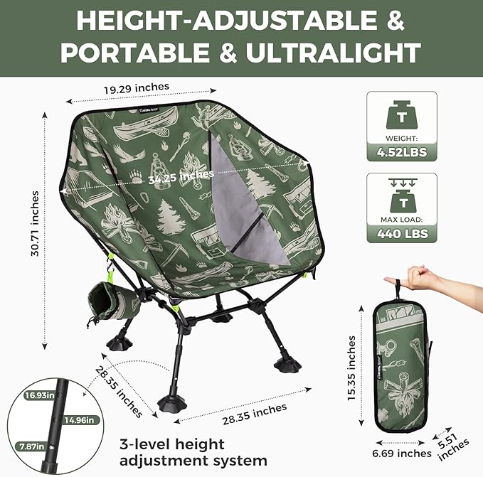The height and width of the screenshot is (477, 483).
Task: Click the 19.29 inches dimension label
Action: coord(136,87)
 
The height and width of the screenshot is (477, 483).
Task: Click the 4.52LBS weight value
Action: coord(402,150)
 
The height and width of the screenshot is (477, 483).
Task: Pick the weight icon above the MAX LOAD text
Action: coord(402,196)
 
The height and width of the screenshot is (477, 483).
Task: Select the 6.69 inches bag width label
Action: coord(403,453)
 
